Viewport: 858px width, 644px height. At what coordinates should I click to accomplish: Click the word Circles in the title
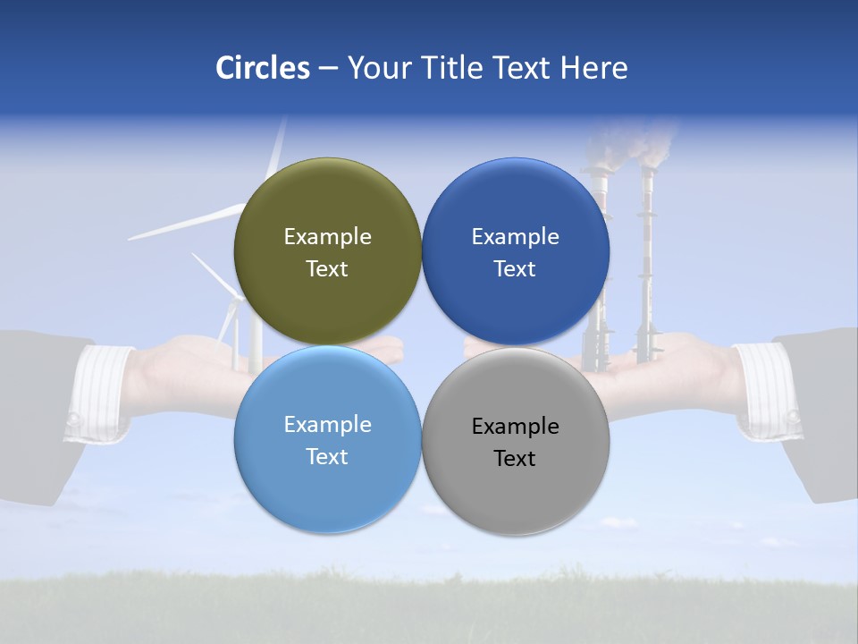point(262,68)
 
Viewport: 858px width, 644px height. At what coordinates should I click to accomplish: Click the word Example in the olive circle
point(327,237)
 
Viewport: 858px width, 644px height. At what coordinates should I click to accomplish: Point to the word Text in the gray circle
point(515,459)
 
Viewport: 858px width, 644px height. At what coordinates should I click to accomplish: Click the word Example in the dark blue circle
point(515,237)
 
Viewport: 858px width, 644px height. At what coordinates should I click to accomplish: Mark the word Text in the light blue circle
point(327,457)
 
